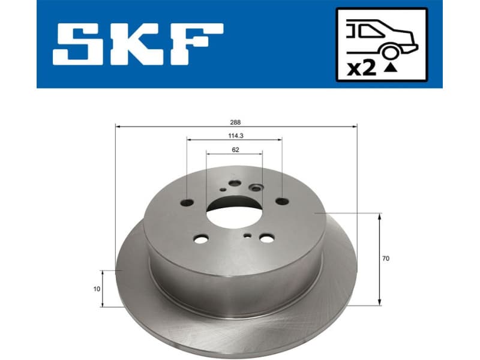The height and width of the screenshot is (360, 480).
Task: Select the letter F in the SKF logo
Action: pyautogui.click(x=199, y=44)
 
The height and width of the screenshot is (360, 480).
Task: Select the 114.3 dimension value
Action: pyautogui.click(x=235, y=135)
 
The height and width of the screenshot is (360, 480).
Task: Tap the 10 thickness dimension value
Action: pyautogui.click(x=97, y=289)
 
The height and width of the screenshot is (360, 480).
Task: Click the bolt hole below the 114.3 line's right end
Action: pyautogui.click(x=281, y=202)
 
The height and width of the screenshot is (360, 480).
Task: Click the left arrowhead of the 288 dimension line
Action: pyautogui.click(x=118, y=127)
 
